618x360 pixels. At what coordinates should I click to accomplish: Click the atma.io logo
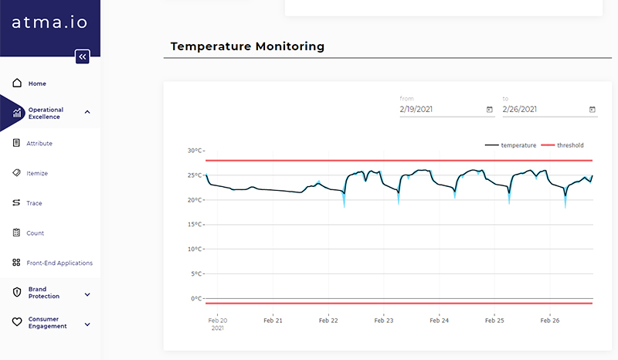tap(50, 22)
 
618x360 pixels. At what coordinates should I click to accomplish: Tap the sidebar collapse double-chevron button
tap(83, 56)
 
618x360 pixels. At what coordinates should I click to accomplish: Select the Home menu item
tap(37, 83)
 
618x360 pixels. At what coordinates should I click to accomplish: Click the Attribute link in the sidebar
tap(39, 144)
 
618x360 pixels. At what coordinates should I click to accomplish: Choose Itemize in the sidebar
tap(37, 174)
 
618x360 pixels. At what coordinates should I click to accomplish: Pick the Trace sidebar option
tap(34, 203)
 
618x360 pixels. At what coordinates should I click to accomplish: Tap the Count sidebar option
tap(36, 233)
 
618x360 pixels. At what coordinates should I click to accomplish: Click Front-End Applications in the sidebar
tap(59, 263)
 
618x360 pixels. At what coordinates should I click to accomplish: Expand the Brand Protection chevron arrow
tap(87, 294)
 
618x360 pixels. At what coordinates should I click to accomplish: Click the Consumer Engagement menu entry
tap(47, 323)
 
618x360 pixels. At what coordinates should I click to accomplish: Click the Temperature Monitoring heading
tap(247, 46)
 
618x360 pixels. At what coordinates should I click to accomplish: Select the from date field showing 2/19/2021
tap(440, 109)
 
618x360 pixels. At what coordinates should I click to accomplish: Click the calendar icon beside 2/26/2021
tap(593, 110)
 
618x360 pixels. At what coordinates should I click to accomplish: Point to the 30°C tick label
tap(195, 151)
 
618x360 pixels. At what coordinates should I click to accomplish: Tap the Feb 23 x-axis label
tap(383, 320)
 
